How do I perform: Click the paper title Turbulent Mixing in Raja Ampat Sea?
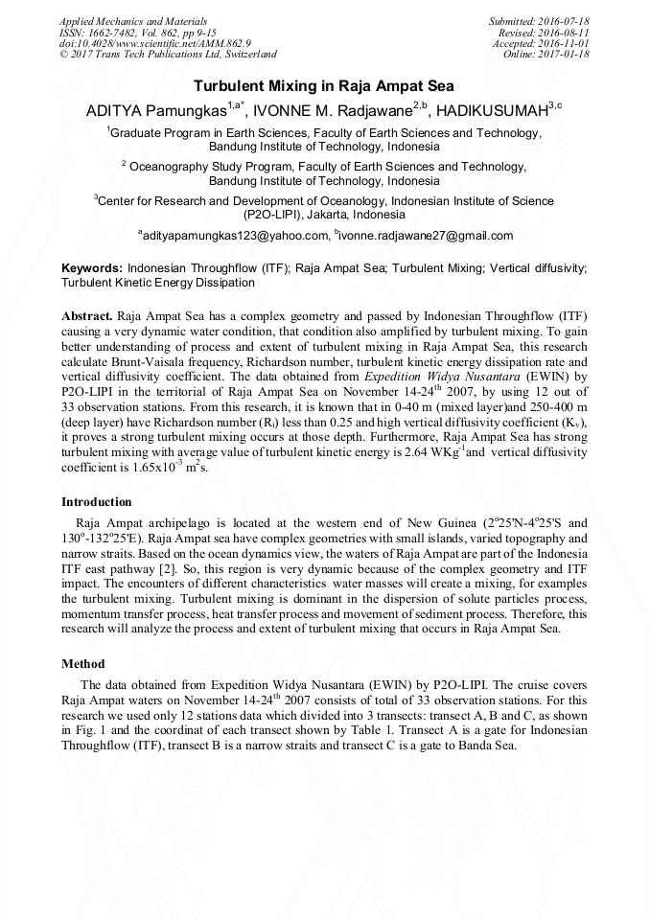[324, 85]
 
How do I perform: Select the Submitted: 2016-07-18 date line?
[539, 21]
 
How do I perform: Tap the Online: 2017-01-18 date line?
[546, 55]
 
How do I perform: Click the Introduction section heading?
[97, 502]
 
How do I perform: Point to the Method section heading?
[83, 663]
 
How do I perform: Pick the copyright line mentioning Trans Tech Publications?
[168, 55]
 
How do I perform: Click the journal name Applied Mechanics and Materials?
[135, 21]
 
